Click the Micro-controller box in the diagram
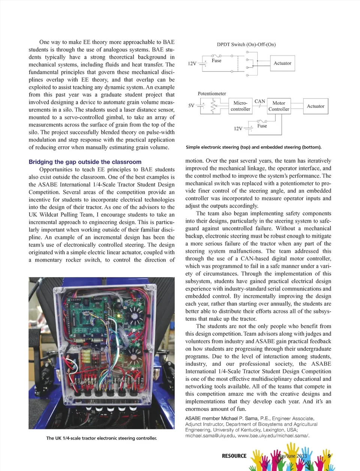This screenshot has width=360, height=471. pyautogui.click(x=240, y=106)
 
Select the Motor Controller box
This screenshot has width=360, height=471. pyautogui.click(x=279, y=106)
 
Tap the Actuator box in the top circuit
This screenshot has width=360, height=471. pyautogui.click(x=282, y=63)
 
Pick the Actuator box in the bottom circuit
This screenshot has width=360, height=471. pyautogui.click(x=315, y=106)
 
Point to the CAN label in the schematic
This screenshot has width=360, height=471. pyautogui.click(x=259, y=101)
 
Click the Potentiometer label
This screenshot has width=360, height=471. pyautogui.click(x=212, y=93)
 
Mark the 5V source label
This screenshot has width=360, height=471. pyautogui.click(x=191, y=105)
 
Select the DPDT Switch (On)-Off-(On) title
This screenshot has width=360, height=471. pyautogui.click(x=246, y=44)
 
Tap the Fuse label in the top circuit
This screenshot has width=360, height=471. pyautogui.click(x=216, y=60)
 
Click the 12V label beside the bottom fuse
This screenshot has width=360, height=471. pyautogui.click(x=238, y=129)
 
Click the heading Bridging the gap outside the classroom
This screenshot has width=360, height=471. pyautogui.click(x=85, y=162)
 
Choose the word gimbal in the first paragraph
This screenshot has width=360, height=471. pyautogui.click(x=114, y=117)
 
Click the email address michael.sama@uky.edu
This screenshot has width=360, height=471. pyautogui.click(x=210, y=435)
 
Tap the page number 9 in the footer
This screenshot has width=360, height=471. pyautogui.click(x=329, y=456)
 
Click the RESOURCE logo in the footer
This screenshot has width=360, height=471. pyautogui.click(x=234, y=456)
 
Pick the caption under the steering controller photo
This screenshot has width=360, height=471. pyautogui.click(x=102, y=438)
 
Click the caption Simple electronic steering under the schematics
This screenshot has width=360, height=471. pyautogui.click(x=253, y=147)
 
